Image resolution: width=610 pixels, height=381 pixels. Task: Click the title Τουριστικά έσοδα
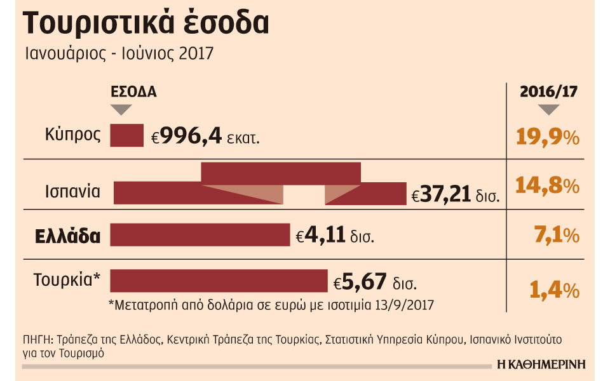[x=146, y=24]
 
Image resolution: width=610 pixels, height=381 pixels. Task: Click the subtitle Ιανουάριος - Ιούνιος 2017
[x=119, y=54]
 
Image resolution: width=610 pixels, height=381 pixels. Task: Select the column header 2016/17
[x=548, y=91]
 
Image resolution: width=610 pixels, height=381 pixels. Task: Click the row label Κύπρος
[x=73, y=135]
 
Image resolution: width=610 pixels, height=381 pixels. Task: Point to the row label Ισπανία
[x=72, y=191]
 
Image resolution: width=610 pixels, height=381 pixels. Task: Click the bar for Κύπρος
[x=127, y=135]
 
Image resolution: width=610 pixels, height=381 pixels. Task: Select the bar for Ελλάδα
[x=200, y=234]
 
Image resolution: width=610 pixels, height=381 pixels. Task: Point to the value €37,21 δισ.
[x=456, y=196]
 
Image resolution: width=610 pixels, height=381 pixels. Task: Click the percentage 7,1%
[x=553, y=236]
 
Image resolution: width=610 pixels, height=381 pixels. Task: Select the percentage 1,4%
[x=554, y=290]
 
